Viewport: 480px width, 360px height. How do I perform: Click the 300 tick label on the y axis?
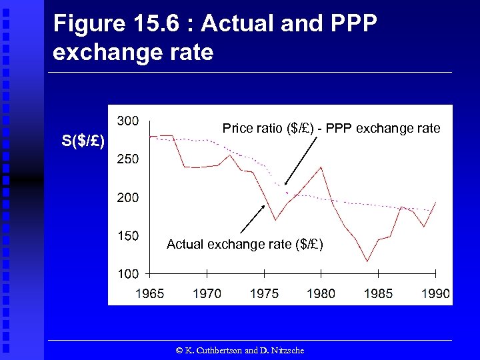(128, 121)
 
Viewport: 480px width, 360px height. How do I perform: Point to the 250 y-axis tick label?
(128, 159)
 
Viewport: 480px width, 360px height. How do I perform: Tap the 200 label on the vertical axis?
(128, 198)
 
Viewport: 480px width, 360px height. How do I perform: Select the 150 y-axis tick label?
(128, 236)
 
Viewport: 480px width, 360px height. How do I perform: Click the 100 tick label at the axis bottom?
(128, 274)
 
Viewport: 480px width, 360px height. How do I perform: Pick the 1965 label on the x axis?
(149, 294)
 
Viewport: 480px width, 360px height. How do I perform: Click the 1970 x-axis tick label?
(207, 294)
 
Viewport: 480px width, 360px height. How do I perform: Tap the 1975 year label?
(264, 294)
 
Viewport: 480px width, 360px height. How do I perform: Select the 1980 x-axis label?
(321, 294)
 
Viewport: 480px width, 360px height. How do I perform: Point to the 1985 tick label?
(379, 294)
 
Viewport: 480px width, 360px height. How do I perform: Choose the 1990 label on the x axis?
(435, 294)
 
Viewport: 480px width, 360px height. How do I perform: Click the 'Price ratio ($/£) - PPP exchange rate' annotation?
(331, 128)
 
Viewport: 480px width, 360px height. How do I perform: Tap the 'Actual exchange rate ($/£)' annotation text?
(245, 245)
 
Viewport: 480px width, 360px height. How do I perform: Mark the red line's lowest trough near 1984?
(367, 261)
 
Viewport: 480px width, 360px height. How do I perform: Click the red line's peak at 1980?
(321, 167)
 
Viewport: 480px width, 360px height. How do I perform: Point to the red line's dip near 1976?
(275, 219)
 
